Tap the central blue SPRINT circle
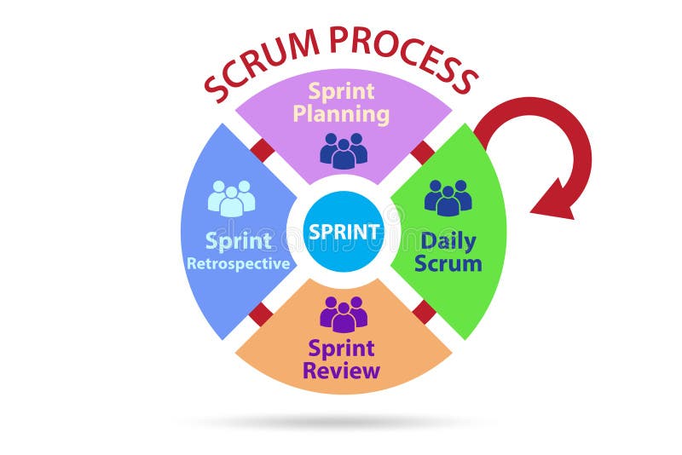(344, 232)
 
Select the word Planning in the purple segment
(341, 113)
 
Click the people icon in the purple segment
(344, 150)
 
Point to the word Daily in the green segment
(448, 240)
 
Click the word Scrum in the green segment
(448, 263)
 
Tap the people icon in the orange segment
(344, 314)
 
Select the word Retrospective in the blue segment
(239, 264)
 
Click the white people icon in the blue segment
(231, 198)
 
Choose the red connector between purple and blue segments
(263, 151)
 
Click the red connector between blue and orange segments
(261, 314)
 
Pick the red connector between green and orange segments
(424, 313)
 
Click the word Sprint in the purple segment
(341, 91)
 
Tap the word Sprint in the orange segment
(342, 348)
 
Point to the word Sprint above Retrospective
(239, 240)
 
